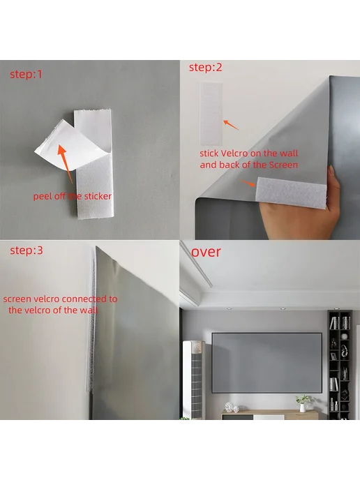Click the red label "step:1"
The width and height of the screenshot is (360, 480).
click(26, 74)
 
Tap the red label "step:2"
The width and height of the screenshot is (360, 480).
click(205, 68)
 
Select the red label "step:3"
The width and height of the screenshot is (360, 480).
click(27, 250)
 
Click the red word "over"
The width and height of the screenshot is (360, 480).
click(206, 252)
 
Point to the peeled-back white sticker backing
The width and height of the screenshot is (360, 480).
click(69, 144)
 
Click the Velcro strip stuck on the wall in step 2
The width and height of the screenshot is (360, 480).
click(211, 113)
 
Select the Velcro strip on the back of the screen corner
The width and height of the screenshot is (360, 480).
click(290, 193)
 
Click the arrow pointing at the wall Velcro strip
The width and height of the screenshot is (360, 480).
click(231, 125)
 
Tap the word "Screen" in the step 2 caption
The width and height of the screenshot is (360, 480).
click(283, 165)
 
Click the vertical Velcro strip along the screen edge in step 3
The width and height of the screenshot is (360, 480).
click(91, 318)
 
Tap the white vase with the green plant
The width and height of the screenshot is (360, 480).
click(303, 403)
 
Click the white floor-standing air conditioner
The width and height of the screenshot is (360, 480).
click(193, 379)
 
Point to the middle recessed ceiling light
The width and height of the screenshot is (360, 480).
click(283, 308)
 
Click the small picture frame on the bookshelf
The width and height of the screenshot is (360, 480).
click(333, 356)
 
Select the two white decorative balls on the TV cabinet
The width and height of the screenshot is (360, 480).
click(232, 407)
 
